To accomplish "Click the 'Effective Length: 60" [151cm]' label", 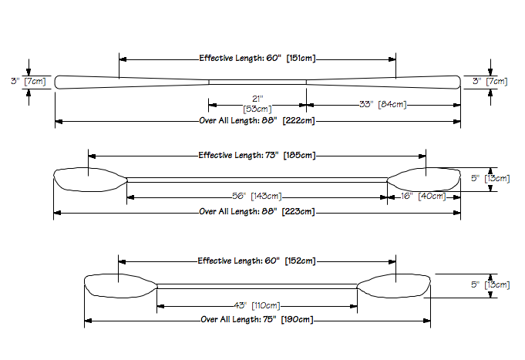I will pyautogui.click(x=257, y=59).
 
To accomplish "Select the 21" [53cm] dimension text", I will pyautogui.click(x=257, y=103).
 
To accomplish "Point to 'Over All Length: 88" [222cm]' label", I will pyautogui.click(x=257, y=121).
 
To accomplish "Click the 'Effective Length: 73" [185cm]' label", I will pyautogui.click(x=257, y=156).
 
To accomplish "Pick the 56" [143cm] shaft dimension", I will pyautogui.click(x=257, y=197).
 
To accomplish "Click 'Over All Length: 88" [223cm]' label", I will pyautogui.click(x=257, y=212).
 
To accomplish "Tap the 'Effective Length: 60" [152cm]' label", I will pyautogui.click(x=257, y=261).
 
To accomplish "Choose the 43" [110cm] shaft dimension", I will pyautogui.click(x=257, y=305).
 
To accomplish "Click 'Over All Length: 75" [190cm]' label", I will pyautogui.click(x=257, y=320).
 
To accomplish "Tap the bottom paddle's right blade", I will pyautogui.click(x=395, y=286).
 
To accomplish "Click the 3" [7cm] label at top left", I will pyautogui.click(x=28, y=81).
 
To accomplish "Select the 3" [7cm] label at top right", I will pyautogui.click(x=490, y=81).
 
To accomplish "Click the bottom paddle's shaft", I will pyautogui.click(x=257, y=287).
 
